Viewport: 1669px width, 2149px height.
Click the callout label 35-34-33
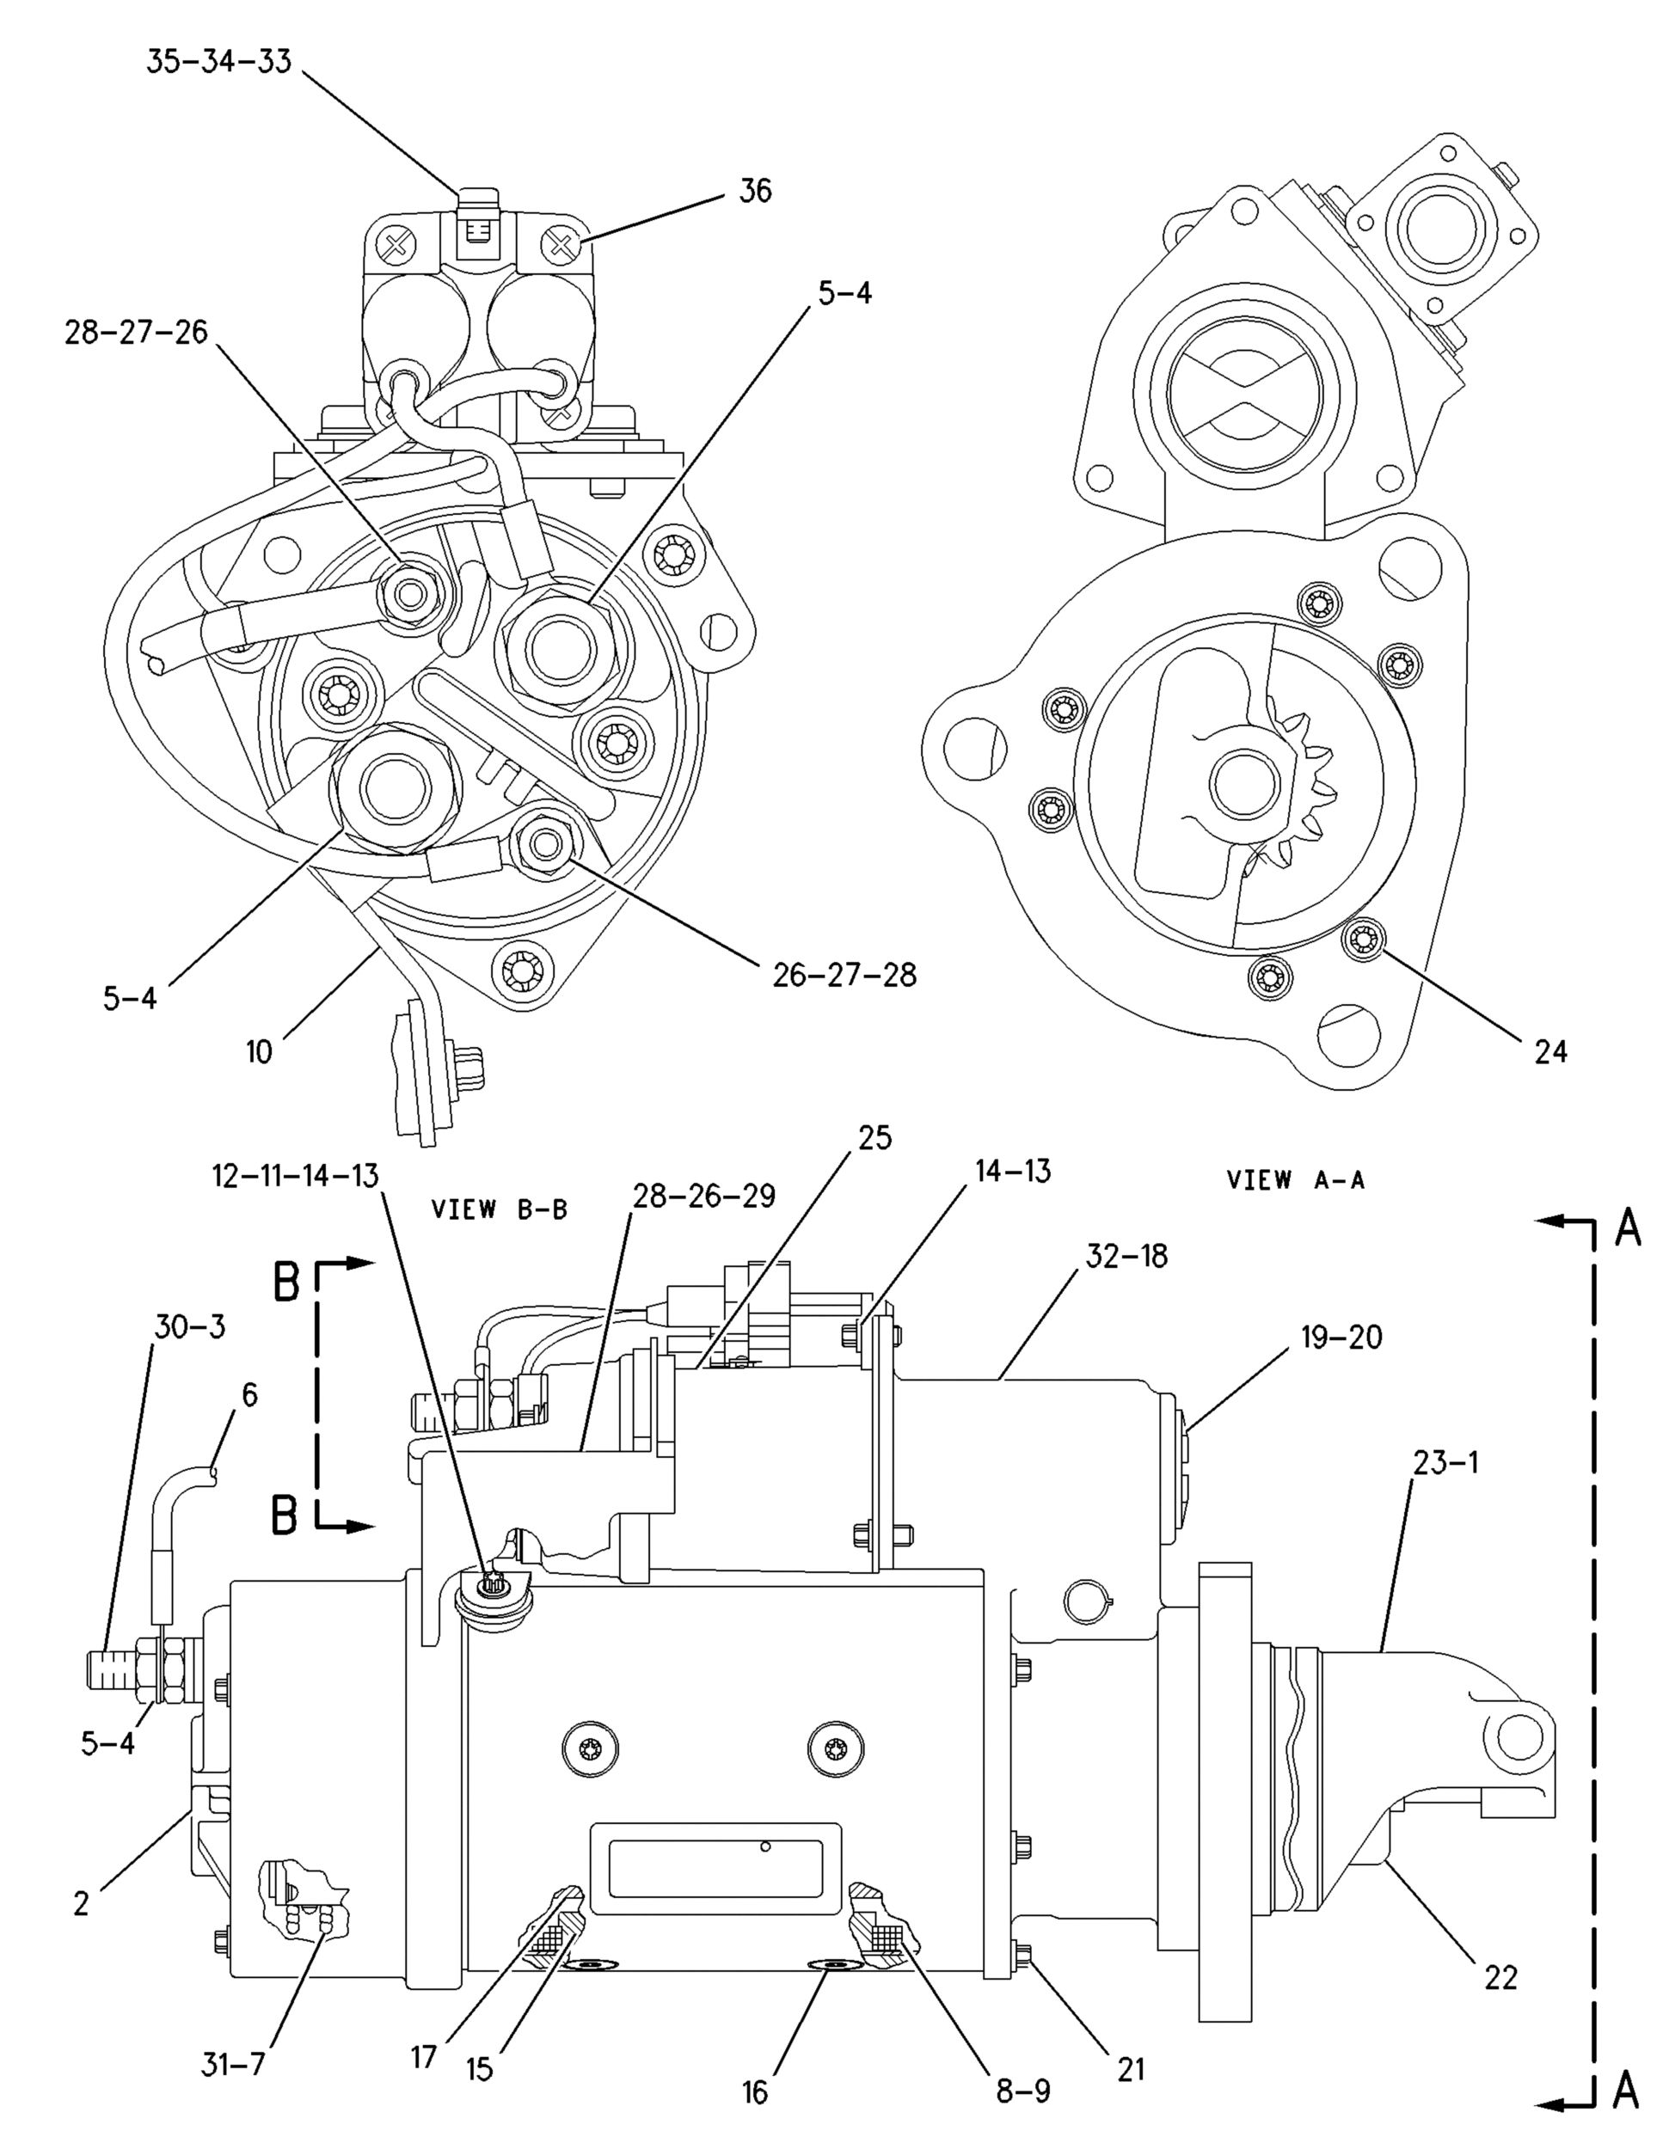[218, 61]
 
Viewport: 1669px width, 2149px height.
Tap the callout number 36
[755, 191]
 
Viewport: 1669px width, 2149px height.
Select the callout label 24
[1550, 1052]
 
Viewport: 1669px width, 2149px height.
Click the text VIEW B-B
[499, 1210]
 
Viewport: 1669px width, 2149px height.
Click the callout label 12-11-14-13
[295, 1175]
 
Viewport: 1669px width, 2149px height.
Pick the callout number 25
[874, 1137]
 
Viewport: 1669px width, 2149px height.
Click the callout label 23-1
[1445, 1462]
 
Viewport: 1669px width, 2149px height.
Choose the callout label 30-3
[189, 1326]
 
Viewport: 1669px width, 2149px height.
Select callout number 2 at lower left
[82, 1903]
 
